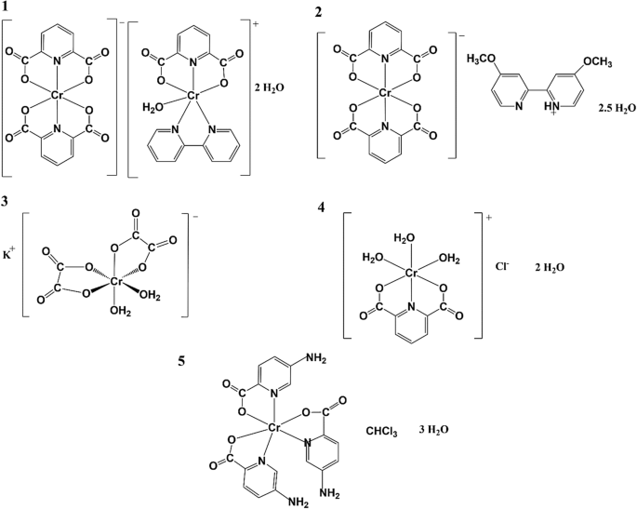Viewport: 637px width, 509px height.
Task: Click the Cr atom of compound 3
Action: click(x=117, y=280)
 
